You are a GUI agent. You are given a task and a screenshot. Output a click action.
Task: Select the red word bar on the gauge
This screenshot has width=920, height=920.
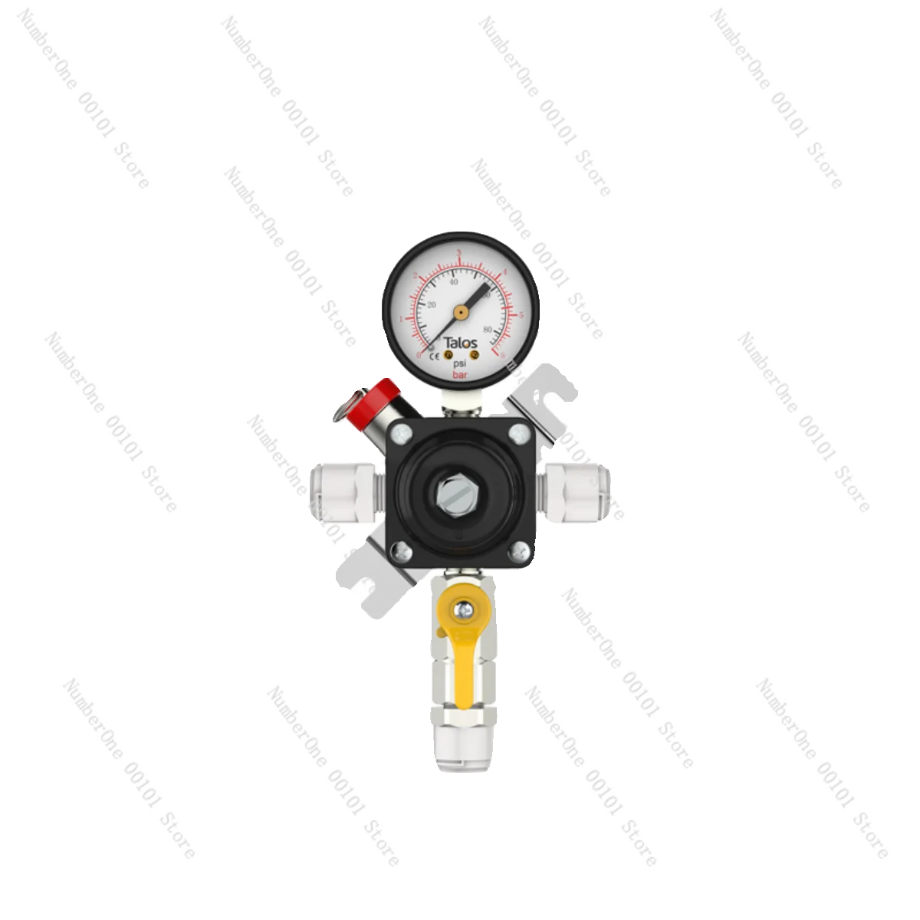[460, 376]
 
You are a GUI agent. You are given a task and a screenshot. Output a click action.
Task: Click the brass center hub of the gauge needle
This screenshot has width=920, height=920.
[460, 313]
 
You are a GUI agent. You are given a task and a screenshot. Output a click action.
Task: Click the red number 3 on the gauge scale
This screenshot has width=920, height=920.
[458, 252]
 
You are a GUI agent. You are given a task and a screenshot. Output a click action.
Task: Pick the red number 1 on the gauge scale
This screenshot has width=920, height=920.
[402, 319]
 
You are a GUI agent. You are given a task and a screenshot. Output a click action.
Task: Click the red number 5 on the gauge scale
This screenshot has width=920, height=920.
[521, 315]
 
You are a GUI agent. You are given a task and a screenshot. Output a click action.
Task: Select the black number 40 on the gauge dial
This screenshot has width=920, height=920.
[453, 281]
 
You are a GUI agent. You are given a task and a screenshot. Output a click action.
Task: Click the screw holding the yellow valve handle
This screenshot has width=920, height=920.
[462, 610]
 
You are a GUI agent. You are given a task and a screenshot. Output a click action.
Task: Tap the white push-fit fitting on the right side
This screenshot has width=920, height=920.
[578, 491]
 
